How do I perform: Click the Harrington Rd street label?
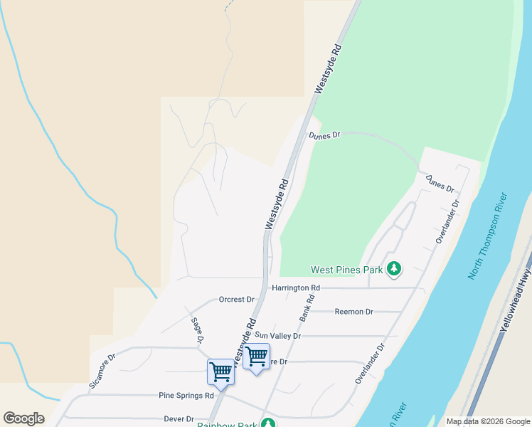[x=296, y=288]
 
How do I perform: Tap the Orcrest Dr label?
[x=237, y=300]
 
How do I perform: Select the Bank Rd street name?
[x=307, y=307]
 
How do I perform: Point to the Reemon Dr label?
[x=353, y=312]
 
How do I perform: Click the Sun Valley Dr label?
[x=278, y=336]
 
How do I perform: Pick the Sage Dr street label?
[x=197, y=330]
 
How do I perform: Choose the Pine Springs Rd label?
[x=186, y=395]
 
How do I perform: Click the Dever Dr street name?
[x=179, y=419]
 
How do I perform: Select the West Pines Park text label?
[x=347, y=270]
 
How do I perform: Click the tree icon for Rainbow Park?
[x=267, y=423]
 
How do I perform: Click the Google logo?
[x=23, y=418]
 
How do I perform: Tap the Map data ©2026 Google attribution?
[x=487, y=421]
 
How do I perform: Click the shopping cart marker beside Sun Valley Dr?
[x=256, y=355]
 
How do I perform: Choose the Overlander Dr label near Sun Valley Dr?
[x=371, y=364]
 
